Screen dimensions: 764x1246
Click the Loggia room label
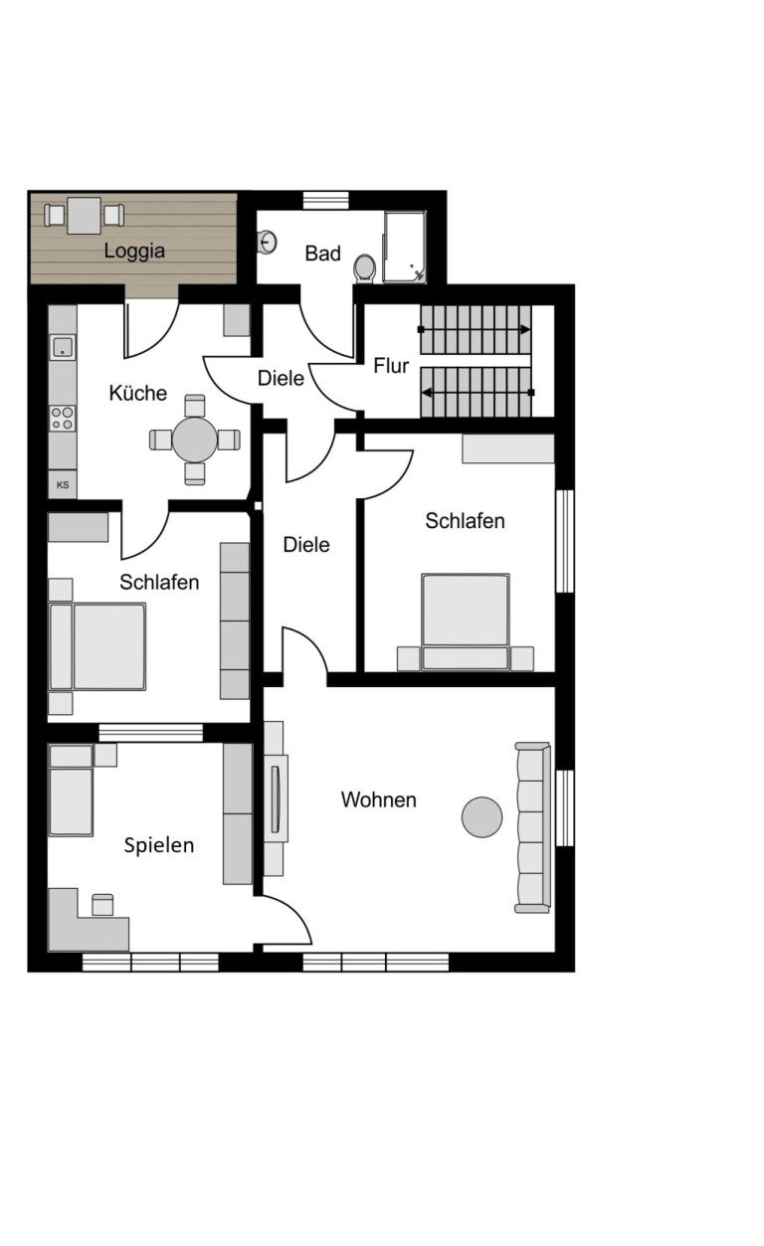tap(134, 251)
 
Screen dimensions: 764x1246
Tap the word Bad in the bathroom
tap(322, 254)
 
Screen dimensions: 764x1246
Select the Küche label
tap(137, 393)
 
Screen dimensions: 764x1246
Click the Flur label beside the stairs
tap(391, 366)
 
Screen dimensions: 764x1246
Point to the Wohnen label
tap(378, 800)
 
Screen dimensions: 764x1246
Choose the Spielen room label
tap(158, 845)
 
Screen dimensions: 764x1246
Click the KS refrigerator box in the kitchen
tap(63, 484)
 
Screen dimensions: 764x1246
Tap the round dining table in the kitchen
tap(195, 440)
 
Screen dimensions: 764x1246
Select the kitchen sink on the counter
tap(63, 347)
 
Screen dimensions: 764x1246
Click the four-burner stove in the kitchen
tap(63, 419)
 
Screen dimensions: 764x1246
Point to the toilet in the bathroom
tap(364, 268)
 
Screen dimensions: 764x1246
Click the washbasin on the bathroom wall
tap(268, 242)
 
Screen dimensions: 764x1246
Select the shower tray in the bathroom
tap(405, 247)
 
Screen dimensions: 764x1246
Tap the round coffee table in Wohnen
tap(481, 817)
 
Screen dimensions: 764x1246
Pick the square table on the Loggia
tap(84, 215)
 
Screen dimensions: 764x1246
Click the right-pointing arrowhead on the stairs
tap(524, 330)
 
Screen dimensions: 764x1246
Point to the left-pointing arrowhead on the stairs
tap(427, 393)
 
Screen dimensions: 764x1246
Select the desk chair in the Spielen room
tap(102, 905)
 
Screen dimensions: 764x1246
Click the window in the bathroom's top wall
tap(326, 200)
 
